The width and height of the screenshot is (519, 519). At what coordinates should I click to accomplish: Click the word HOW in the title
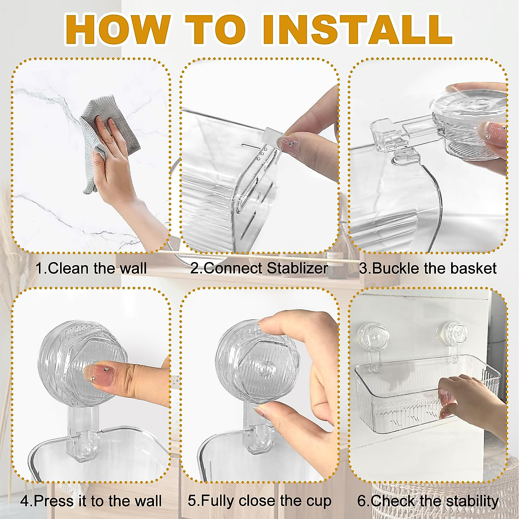(x=118, y=29)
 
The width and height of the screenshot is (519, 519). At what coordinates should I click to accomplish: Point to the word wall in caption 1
(x=133, y=268)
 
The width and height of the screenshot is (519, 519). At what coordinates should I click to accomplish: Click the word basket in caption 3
(x=476, y=268)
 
